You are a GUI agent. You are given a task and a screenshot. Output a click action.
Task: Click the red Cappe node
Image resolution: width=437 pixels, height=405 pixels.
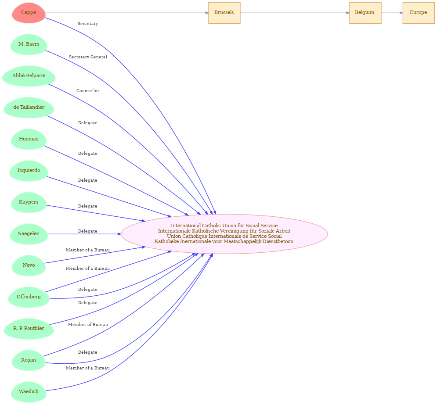29,13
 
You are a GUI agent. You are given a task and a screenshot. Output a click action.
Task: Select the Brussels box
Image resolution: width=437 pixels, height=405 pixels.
224,13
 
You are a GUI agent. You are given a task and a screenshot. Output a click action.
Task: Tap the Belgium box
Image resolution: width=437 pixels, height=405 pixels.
365,13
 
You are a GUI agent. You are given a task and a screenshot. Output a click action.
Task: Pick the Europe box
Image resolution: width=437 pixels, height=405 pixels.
418,13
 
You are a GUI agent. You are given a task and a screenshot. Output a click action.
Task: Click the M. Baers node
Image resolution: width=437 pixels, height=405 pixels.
29,44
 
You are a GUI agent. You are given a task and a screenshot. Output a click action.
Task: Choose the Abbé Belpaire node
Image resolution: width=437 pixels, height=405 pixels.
29,76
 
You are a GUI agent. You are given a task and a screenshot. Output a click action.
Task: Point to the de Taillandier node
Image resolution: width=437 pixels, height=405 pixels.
29,108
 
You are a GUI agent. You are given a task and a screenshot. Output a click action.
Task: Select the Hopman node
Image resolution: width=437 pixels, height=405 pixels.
29,139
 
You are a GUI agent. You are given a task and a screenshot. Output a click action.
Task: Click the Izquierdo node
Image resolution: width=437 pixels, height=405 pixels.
29,171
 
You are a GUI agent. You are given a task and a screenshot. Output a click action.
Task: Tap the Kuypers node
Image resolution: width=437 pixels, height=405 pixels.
29,202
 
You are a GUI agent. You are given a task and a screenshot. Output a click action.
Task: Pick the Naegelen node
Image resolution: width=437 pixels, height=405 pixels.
29,234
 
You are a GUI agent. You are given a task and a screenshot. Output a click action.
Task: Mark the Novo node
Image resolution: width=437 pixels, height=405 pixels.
29,265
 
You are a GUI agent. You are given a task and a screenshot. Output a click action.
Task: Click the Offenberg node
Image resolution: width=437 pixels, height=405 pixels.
29,297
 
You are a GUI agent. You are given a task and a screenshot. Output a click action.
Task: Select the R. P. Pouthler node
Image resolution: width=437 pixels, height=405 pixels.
29,329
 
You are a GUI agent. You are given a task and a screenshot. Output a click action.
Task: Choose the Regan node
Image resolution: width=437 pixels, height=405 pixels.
29,360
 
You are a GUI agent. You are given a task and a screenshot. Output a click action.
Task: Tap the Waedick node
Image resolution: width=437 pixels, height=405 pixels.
29,392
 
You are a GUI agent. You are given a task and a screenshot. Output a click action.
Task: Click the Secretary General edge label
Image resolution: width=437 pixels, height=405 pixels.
88,57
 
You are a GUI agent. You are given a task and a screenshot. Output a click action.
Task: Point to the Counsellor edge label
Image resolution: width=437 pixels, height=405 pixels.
88,91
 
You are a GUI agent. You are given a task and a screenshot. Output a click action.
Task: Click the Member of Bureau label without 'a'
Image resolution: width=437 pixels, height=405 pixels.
88,325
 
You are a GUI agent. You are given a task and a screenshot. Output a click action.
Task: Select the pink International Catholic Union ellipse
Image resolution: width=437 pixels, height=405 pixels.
224,234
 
